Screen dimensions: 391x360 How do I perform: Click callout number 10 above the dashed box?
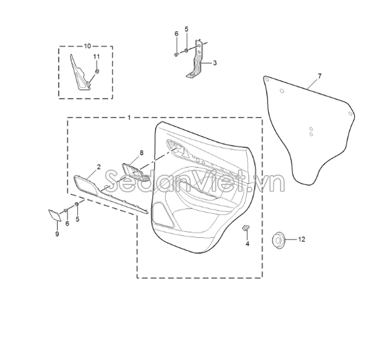[x=88, y=46]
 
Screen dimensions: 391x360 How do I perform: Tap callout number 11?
[x=96, y=57]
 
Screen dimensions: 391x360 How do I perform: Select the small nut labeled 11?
[x=97, y=71]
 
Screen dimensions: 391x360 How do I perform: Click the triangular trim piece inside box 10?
[x=80, y=73]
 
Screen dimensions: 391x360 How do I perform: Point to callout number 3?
[x=215, y=63]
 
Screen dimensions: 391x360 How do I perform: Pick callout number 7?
[x=320, y=76]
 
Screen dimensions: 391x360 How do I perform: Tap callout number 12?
[x=301, y=239]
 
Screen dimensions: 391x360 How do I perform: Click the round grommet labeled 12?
[x=279, y=240]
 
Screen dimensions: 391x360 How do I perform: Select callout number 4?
[x=247, y=244]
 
